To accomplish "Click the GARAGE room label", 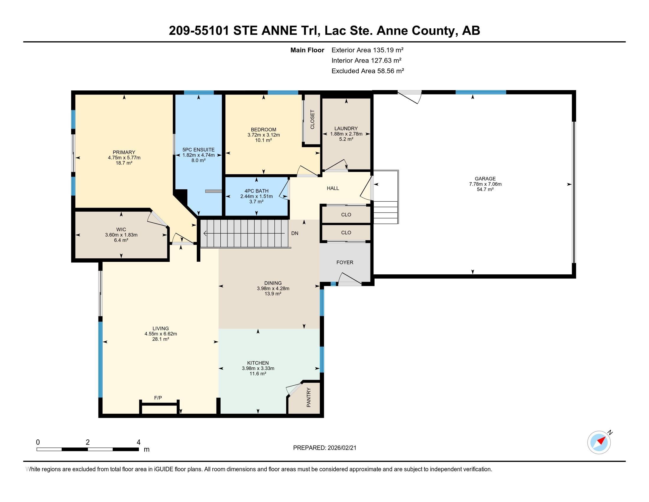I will (x=485, y=179).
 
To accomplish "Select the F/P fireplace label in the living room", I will (x=158, y=398).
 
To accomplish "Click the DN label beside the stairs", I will (x=294, y=234).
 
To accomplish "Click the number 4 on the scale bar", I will (x=138, y=442).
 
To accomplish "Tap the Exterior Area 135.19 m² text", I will (x=367, y=50).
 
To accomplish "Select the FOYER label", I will (x=345, y=262).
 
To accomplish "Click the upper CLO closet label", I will (x=346, y=214).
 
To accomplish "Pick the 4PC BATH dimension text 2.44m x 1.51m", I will (x=256, y=196).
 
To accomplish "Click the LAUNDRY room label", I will (x=346, y=128).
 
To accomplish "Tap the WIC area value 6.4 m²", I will (x=121, y=240).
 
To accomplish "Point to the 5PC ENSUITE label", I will (x=198, y=150).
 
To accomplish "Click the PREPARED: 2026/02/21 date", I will (x=324, y=448).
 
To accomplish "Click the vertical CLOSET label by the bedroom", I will (x=312, y=120).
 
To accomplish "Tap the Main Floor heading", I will (x=307, y=50).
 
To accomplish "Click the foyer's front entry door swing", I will (x=350, y=280).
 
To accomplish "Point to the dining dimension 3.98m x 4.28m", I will (x=273, y=288).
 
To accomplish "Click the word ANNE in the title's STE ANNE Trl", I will (x=279, y=31).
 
